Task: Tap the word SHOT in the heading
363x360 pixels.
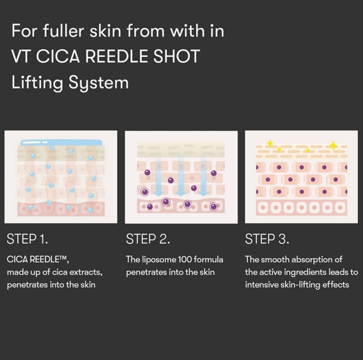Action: tap(177, 56)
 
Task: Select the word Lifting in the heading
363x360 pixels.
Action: tap(37, 83)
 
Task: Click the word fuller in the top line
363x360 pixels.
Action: tap(64, 31)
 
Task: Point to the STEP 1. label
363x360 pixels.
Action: tap(27, 239)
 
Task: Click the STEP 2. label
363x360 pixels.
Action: tap(148, 239)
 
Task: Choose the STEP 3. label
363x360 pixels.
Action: tap(267, 239)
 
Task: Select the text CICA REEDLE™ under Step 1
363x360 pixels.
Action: tap(38, 259)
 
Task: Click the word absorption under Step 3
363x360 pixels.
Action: tap(312, 260)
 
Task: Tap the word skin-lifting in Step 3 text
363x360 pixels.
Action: tap(300, 285)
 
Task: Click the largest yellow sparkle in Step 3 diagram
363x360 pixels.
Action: tap(333, 145)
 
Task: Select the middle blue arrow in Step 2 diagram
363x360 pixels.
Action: tap(181, 176)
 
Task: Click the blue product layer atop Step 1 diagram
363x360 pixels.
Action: tap(62, 142)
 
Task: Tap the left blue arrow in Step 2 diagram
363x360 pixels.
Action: tap(159, 176)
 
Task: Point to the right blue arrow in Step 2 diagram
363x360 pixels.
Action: tap(203, 176)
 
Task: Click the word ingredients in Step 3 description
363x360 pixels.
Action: tap(305, 273)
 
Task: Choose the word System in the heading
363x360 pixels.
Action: tap(98, 83)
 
